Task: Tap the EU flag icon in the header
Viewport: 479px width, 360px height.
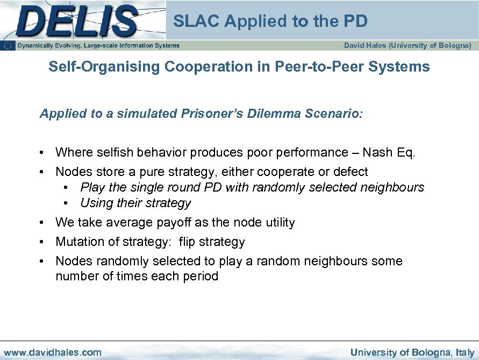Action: click(8, 46)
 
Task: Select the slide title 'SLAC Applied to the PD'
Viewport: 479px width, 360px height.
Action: click(270, 21)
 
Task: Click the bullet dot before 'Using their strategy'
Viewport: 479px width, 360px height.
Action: click(66, 203)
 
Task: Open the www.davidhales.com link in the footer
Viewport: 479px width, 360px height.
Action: click(52, 352)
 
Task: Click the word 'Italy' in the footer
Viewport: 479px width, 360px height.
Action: click(463, 352)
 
